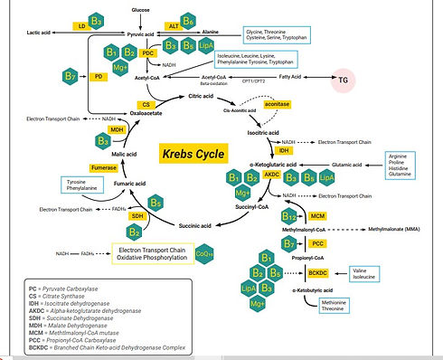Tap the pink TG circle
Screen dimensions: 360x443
click(x=344, y=80)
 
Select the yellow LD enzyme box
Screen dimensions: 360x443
click(x=82, y=26)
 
